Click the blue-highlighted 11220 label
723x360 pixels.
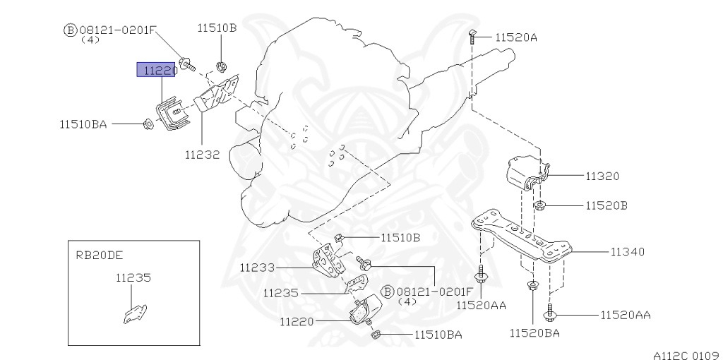[156, 70]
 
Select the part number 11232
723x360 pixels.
[202, 152]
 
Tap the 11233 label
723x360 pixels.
[256, 268]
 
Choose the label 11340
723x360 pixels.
[628, 251]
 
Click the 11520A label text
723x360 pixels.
[516, 37]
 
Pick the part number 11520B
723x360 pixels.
[607, 206]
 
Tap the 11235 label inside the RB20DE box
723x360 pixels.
[133, 278]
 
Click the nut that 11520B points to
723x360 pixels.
[539, 206]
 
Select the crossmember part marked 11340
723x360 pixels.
[523, 237]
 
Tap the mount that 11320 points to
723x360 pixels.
[524, 174]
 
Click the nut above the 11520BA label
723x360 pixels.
[531, 287]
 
